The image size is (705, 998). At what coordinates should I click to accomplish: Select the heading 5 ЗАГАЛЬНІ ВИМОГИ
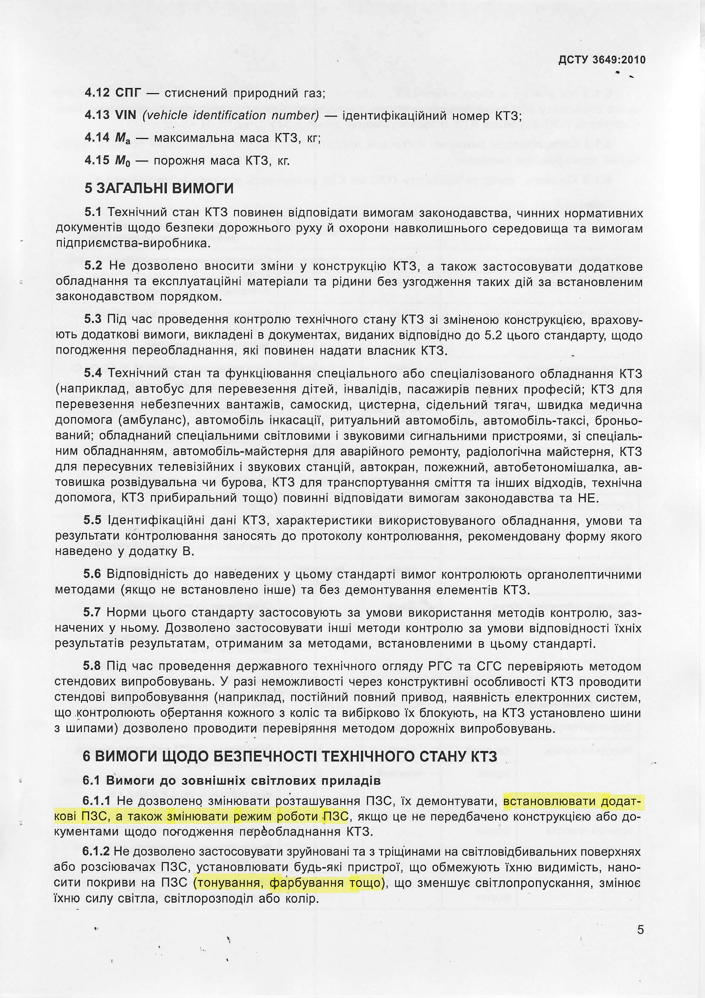(x=159, y=188)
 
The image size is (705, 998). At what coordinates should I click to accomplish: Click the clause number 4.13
(x=97, y=115)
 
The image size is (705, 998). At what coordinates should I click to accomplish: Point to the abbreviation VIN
(x=126, y=115)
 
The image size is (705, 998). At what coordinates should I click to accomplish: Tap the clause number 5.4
(x=93, y=374)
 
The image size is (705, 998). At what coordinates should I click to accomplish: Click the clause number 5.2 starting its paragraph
(x=93, y=266)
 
